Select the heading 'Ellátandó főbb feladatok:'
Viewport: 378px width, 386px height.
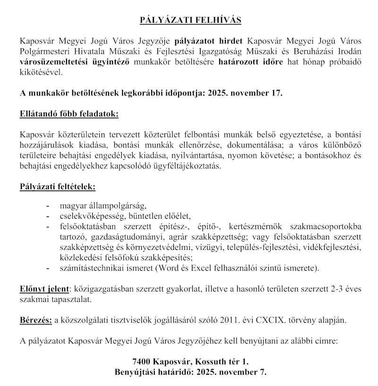pos(69,114)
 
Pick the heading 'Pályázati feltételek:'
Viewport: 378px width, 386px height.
pos(58,187)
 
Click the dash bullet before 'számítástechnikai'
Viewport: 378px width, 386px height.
pos(48,269)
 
